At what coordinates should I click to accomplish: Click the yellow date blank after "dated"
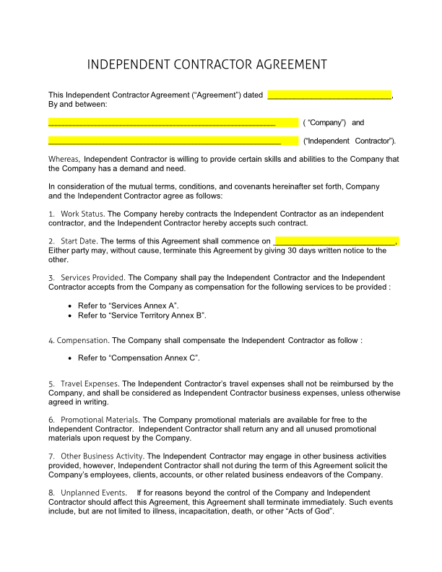pos(329,95)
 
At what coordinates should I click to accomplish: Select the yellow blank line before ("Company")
pos(173,122)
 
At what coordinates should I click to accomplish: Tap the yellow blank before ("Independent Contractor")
pos(173,140)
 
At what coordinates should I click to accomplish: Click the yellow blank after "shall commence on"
pos(337,241)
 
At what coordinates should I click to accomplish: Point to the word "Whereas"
pos(64,159)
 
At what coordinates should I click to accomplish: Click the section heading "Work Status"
pos(82,214)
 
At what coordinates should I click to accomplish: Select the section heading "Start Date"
pos(79,241)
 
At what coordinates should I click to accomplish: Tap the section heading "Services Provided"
pos(92,277)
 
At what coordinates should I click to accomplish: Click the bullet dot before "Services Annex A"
pos(70,306)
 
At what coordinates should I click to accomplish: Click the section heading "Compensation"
pos(82,340)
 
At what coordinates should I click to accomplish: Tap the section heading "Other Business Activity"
pos(103,456)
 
